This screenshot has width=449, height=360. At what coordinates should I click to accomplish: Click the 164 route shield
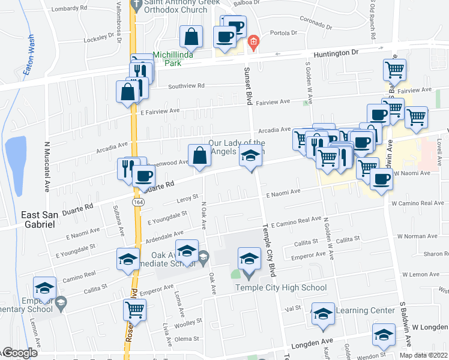pyautogui.click(x=138, y=202)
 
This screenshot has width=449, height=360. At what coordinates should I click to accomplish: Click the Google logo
pyautogui.click(x=19, y=353)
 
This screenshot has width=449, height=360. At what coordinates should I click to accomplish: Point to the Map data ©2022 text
pyautogui.click(x=423, y=355)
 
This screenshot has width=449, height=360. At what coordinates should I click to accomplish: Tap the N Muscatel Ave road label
pyautogui.click(x=46, y=167)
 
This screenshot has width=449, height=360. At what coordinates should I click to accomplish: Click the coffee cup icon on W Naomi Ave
pyautogui.click(x=381, y=178)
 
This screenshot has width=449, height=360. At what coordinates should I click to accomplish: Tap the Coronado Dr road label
pyautogui.click(x=312, y=23)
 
